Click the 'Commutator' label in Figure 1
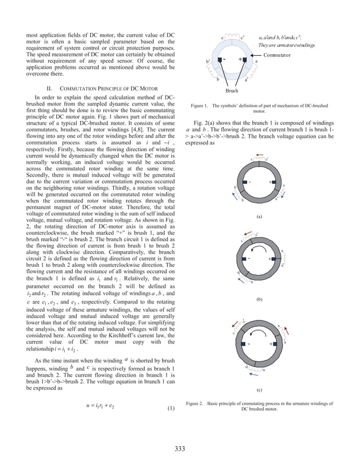point(276,55)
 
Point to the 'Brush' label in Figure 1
point(231,90)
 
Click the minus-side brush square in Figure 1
point(219,59)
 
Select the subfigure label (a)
point(259,216)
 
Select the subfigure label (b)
point(259,300)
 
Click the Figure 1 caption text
point(259,108)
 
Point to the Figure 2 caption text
point(259,406)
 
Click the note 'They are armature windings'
point(286,45)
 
